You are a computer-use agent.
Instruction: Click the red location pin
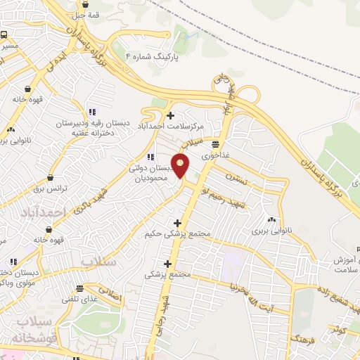click(181, 165)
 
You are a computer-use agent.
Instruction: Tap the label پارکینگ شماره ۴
click(152, 56)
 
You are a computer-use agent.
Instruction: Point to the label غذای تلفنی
click(80, 300)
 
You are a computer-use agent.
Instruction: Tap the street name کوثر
click(337, 328)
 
